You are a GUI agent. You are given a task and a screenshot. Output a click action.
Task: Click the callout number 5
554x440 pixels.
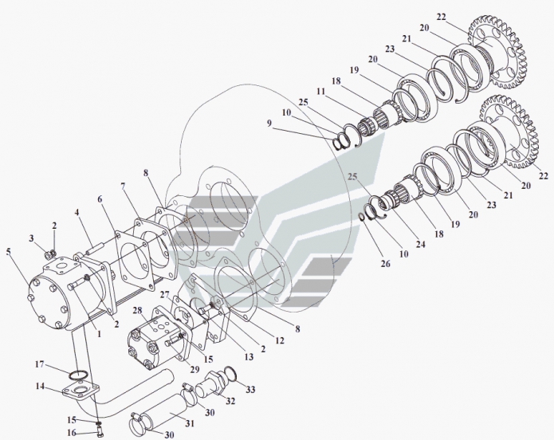9,252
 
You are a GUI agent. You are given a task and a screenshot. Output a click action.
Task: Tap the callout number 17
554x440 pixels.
40,363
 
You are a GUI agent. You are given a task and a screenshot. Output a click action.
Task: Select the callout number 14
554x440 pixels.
41,387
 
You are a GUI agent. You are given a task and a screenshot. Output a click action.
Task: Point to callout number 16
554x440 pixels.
72,433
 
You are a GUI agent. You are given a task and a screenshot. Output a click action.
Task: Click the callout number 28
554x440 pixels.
138,310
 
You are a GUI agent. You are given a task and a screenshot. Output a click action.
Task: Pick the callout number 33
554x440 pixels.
250,390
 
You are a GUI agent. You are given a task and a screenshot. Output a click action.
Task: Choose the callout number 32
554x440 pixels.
230,401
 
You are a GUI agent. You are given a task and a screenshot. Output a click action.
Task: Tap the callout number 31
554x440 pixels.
190,423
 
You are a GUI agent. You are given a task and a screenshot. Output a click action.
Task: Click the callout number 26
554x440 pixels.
386,263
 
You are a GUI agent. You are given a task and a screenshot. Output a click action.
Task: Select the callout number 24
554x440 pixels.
420,244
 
